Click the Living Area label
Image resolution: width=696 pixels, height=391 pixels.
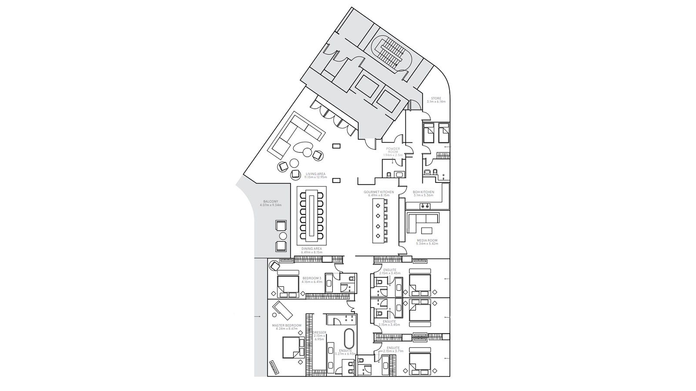[315, 176]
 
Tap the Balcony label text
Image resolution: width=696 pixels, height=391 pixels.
[270, 203]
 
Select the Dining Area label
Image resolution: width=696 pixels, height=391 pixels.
[311, 250]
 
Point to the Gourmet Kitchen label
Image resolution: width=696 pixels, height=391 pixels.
[379, 193]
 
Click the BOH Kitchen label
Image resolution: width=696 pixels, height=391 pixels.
[423, 193]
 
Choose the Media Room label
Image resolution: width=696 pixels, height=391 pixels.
[427, 242]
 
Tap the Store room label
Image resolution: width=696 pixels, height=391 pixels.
[436, 100]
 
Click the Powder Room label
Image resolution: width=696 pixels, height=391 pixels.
[393, 151]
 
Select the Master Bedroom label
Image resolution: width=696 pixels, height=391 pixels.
[286, 327]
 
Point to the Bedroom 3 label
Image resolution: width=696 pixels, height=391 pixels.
[312, 280]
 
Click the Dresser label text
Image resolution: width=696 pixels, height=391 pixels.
[319, 334]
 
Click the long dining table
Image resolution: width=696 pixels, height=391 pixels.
[311, 215]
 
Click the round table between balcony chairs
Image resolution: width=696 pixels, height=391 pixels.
[283, 236]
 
